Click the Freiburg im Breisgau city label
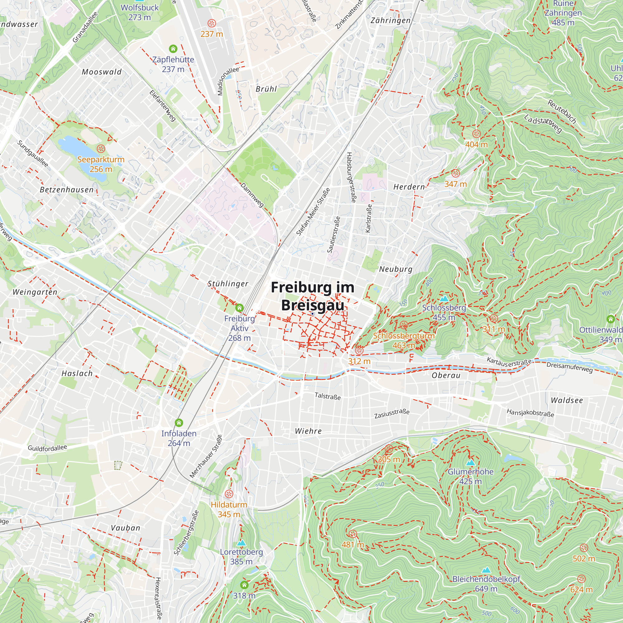(x=312, y=296)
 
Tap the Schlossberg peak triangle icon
(x=444, y=299)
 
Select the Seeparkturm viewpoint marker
(x=101, y=149)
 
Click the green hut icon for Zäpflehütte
(x=173, y=49)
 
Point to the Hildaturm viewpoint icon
(x=229, y=494)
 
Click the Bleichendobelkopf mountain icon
(x=486, y=570)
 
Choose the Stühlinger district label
(x=228, y=284)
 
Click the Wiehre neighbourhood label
(x=308, y=431)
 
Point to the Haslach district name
(x=77, y=373)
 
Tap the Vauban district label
(x=126, y=528)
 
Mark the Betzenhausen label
(x=67, y=190)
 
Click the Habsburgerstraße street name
(x=351, y=177)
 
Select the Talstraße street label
(x=327, y=396)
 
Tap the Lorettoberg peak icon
(x=241, y=543)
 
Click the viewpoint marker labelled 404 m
(x=476, y=134)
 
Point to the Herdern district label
(x=409, y=187)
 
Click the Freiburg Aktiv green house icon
(x=239, y=308)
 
